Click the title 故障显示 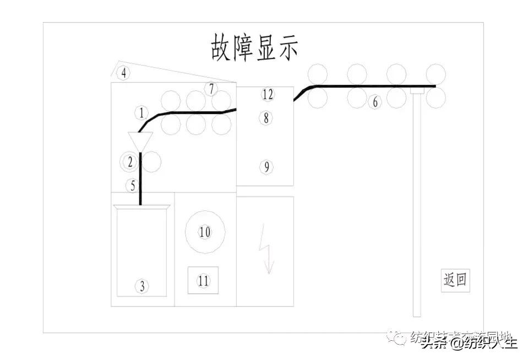click(x=254, y=47)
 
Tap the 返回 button click(x=455, y=280)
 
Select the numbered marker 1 click(x=141, y=113)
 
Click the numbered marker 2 click(x=130, y=161)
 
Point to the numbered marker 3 click(x=141, y=286)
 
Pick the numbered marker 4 click(x=124, y=73)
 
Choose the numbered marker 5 click(x=133, y=186)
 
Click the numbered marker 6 click(x=375, y=102)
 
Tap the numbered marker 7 click(x=212, y=88)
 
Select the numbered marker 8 click(x=266, y=117)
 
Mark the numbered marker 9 click(x=266, y=167)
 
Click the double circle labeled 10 click(x=205, y=232)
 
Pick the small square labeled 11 click(x=203, y=280)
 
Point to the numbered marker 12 click(x=268, y=94)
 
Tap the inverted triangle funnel click(x=140, y=140)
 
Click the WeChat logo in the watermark click(x=396, y=337)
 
